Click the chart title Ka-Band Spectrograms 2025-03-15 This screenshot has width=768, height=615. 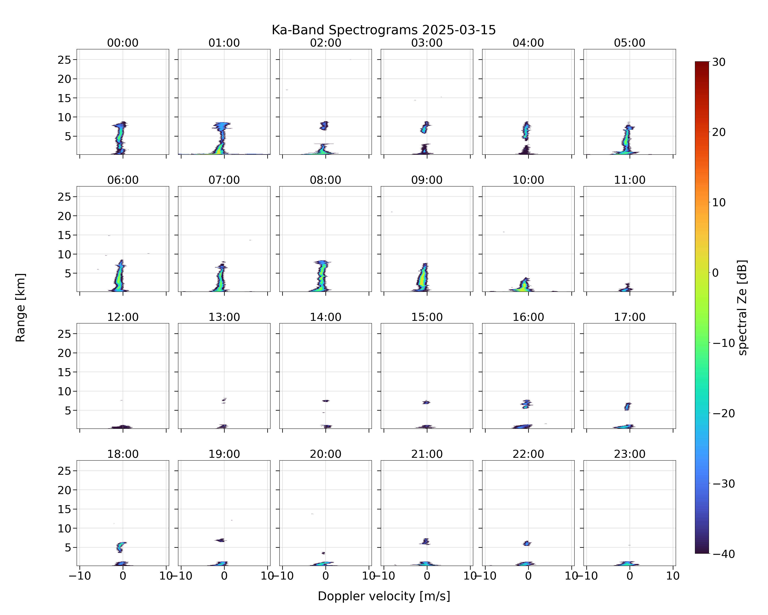click(384, 30)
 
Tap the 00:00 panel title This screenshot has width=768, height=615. click(123, 43)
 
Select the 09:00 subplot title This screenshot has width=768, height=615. click(427, 180)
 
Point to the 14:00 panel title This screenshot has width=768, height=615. click(326, 317)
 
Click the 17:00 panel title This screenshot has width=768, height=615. click(629, 317)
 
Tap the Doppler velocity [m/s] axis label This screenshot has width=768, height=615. click(384, 596)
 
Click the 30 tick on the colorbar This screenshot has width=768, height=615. click(719, 62)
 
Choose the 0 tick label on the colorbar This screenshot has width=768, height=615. click(716, 273)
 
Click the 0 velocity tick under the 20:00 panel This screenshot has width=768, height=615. click(326, 576)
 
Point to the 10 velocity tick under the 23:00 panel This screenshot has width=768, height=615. click(673, 576)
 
